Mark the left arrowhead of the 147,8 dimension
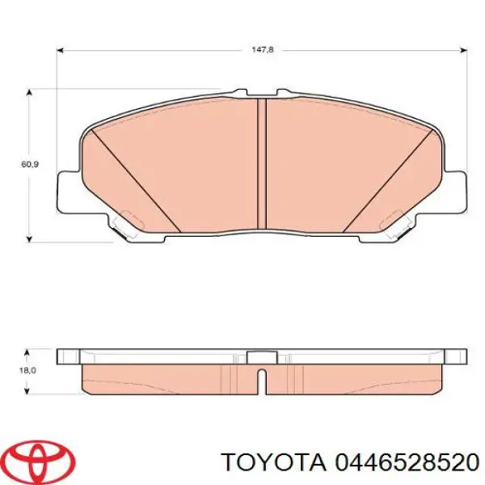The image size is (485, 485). (60, 49)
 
